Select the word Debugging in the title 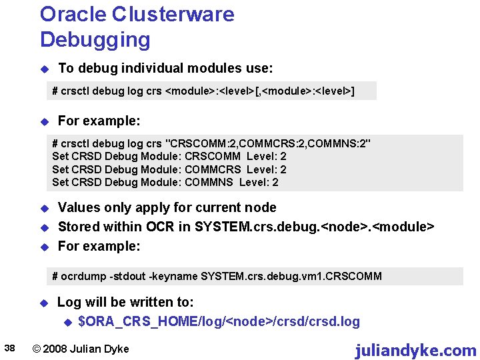pyautogui.click(x=95, y=39)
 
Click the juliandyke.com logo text pyautogui.click(x=415, y=350)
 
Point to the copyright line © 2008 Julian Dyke pyautogui.click(x=81, y=349)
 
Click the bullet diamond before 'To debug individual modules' pyautogui.click(x=44, y=69)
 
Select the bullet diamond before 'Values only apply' pyautogui.click(x=44, y=208)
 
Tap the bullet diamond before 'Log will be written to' pyautogui.click(x=44, y=303)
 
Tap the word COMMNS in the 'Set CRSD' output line pyautogui.click(x=209, y=182)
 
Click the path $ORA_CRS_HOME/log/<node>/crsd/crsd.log pyautogui.click(x=219, y=322)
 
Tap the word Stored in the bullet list pyautogui.click(x=78, y=227)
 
